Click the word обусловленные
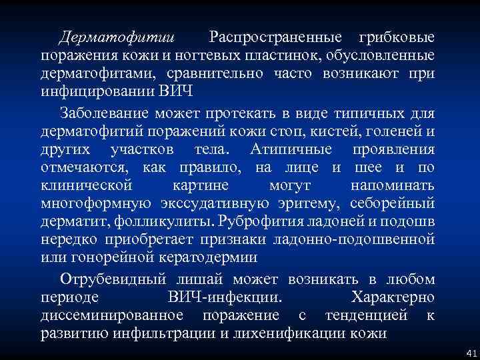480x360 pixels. click(382, 54)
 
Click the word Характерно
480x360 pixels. click(392, 297)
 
